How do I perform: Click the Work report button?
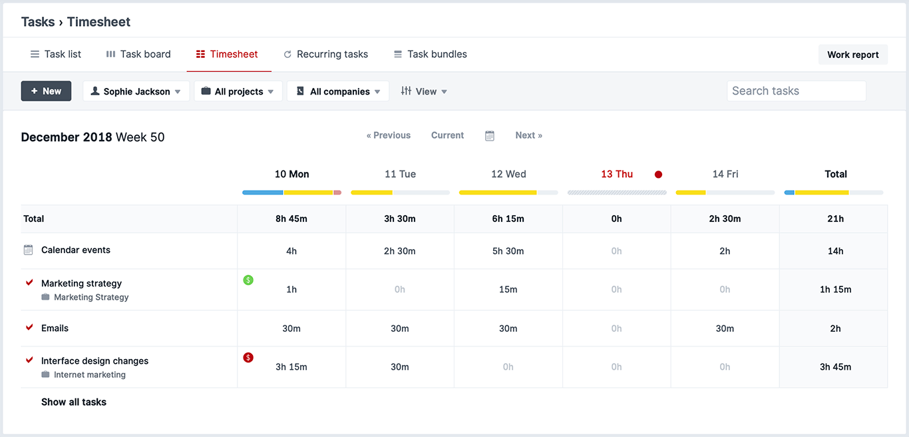click(x=852, y=55)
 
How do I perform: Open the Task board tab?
click(x=138, y=54)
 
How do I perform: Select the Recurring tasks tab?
click(x=325, y=54)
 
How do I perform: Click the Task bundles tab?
click(x=430, y=54)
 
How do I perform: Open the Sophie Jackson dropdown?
click(x=136, y=91)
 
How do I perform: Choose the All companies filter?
click(x=338, y=91)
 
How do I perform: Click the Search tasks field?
click(x=796, y=91)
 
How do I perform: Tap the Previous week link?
click(x=389, y=135)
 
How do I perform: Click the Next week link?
click(x=528, y=135)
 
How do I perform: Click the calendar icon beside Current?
click(x=490, y=136)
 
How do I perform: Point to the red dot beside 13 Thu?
click(x=658, y=175)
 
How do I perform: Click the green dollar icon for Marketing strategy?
click(x=248, y=280)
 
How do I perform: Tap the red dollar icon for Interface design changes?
click(x=248, y=358)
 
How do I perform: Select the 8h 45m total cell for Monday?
click(x=291, y=218)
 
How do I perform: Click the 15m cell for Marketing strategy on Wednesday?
click(x=508, y=290)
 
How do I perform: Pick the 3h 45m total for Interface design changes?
click(x=835, y=367)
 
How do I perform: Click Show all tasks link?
click(x=74, y=402)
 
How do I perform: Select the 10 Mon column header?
click(x=291, y=174)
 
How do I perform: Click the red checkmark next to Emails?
click(x=29, y=328)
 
